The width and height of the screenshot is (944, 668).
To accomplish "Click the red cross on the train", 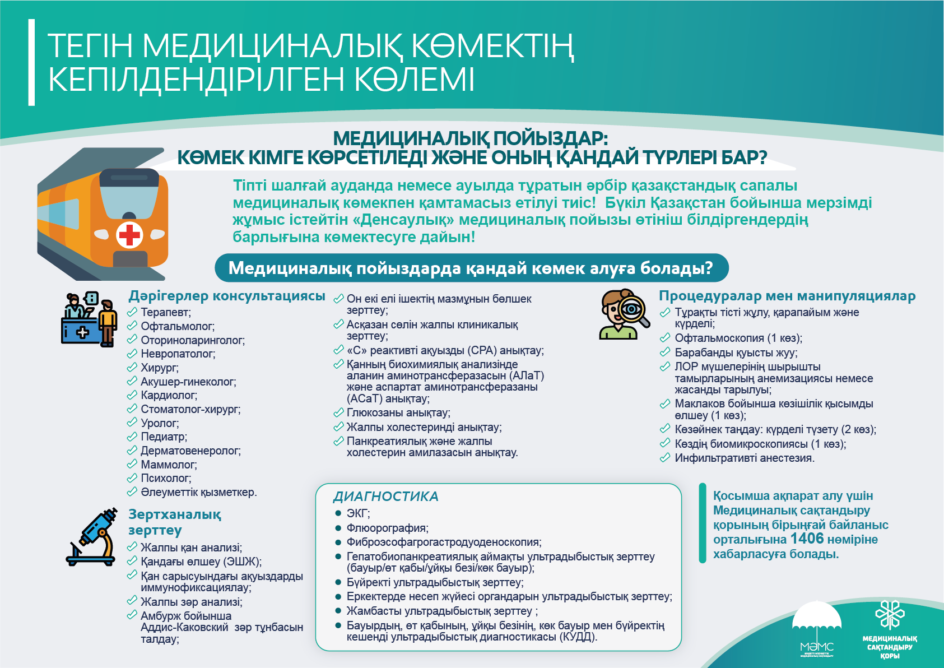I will pos(129,235).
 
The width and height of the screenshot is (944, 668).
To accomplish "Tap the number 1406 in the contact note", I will pos(807,539).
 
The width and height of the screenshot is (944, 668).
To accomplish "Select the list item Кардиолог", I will pos(169,396).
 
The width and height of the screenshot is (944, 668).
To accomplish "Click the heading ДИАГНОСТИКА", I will pos(385,497).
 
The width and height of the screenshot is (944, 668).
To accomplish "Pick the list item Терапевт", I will pos(165,313).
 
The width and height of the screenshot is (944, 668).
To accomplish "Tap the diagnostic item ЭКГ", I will pos(358,513).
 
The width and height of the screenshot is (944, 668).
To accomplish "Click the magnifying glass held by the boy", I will pos(634,310).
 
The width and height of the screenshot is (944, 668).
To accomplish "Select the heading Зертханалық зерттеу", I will pos(174,522).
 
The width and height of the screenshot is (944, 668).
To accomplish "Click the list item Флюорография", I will pos(387,528).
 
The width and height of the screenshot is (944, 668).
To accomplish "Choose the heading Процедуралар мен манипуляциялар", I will pos(787,296).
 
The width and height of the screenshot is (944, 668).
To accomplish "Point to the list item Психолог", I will pos(166,479).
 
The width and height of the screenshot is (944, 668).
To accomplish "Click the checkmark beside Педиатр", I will pos(132,437).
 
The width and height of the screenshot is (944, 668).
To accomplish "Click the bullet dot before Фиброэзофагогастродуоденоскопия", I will pos(338,542).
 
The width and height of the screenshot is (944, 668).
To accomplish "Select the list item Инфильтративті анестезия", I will pos(745,458).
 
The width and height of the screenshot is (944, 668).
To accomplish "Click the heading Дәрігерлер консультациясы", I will pos(227,296).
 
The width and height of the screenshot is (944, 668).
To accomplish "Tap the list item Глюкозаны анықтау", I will pos(398,413).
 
